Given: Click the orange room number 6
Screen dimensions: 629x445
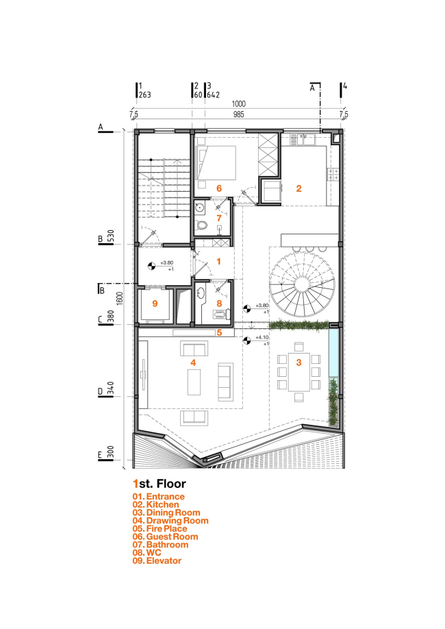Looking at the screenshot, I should pyautogui.click(x=219, y=187).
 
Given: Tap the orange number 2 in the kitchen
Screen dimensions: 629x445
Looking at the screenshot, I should pyautogui.click(x=298, y=187).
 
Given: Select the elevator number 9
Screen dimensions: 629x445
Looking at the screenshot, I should pyautogui.click(x=155, y=304).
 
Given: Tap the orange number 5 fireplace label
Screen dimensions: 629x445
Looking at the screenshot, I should pyautogui.click(x=219, y=334).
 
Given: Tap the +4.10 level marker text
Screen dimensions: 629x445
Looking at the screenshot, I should pyautogui.click(x=262, y=338).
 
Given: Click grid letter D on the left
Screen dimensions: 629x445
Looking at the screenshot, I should pyautogui.click(x=100, y=392).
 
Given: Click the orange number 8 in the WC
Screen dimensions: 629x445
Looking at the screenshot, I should pyautogui.click(x=219, y=302).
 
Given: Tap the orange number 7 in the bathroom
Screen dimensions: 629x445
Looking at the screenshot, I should pyautogui.click(x=219, y=218).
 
